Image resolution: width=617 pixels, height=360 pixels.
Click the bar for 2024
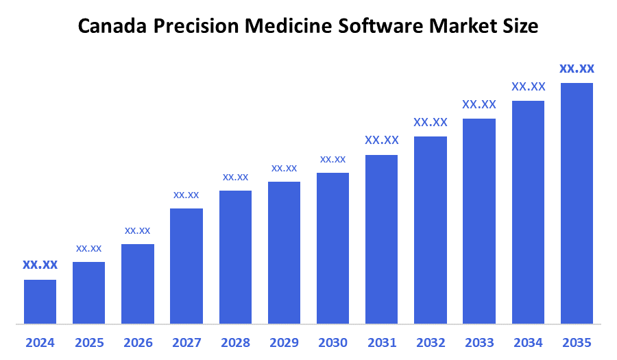pos(40,301)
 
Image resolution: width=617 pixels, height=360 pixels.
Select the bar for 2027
pos(186,265)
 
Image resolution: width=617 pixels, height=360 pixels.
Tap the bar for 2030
pos(332,248)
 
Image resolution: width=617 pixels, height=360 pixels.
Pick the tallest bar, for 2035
pos(577,203)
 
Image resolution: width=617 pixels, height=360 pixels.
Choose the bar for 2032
pos(431,230)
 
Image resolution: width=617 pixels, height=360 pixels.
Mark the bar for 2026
pos(138,283)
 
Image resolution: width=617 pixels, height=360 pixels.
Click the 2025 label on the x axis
pos(89,342)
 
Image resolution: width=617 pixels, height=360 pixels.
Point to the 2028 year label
pos(235,342)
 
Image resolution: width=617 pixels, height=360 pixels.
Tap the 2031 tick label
pos(382,342)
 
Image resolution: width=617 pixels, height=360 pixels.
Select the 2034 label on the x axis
pos(528,342)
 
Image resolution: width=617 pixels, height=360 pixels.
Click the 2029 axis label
pos(284,342)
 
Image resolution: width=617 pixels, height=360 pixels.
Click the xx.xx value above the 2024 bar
pos(40,265)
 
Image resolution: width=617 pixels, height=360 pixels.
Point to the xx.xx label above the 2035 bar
pos(577,69)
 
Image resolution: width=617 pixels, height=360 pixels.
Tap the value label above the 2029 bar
pos(284,168)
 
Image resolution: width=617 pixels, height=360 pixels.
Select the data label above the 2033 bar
pos(479,104)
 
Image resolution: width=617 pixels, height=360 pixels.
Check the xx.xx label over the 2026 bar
pos(138,230)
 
